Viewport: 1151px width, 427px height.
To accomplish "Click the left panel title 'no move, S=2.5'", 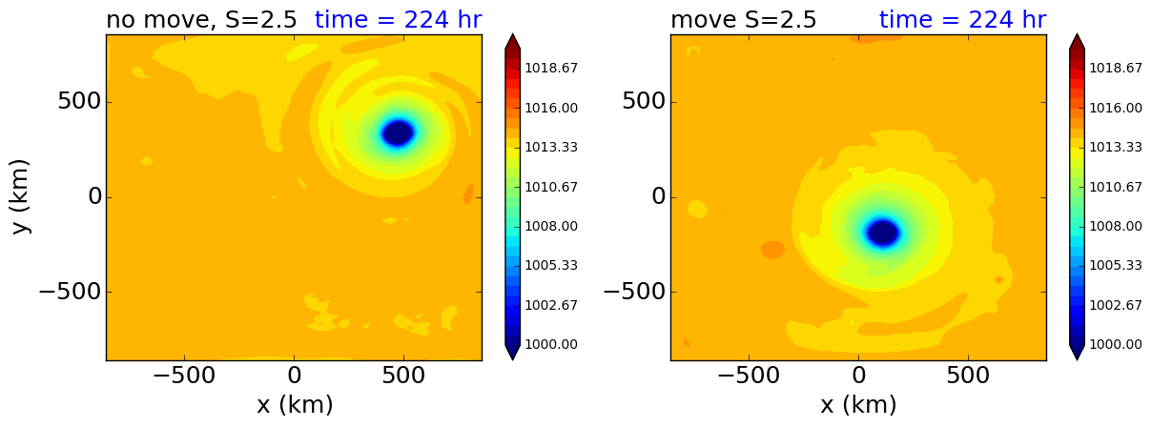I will [x=201, y=20].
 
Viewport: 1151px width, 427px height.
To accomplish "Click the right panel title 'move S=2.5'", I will [x=743, y=20].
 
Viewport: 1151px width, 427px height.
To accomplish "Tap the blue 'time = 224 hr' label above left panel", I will [x=398, y=20].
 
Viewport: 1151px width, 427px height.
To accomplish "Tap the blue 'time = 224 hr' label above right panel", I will [x=962, y=20].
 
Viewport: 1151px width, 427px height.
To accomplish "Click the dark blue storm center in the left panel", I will [x=398, y=132].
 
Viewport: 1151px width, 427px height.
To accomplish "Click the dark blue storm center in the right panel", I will [x=882, y=232].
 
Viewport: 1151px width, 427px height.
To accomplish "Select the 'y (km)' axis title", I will [x=21, y=197].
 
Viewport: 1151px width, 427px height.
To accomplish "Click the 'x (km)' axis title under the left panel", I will [x=295, y=405].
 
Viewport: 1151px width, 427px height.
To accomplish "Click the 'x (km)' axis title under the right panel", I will [x=858, y=405].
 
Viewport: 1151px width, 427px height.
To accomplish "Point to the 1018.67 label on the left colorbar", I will [x=551, y=69].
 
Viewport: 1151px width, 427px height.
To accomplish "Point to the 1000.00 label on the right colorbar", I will [x=1116, y=344].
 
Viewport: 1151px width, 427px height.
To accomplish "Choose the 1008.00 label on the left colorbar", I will [x=551, y=226].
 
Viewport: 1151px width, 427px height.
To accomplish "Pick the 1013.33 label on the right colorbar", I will [x=1116, y=147].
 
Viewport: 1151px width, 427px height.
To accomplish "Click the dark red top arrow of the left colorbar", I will [x=512, y=43].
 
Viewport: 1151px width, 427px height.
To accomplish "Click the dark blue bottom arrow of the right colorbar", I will [x=1077, y=352].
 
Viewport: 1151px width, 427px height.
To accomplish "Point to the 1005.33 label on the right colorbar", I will [x=1116, y=265].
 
